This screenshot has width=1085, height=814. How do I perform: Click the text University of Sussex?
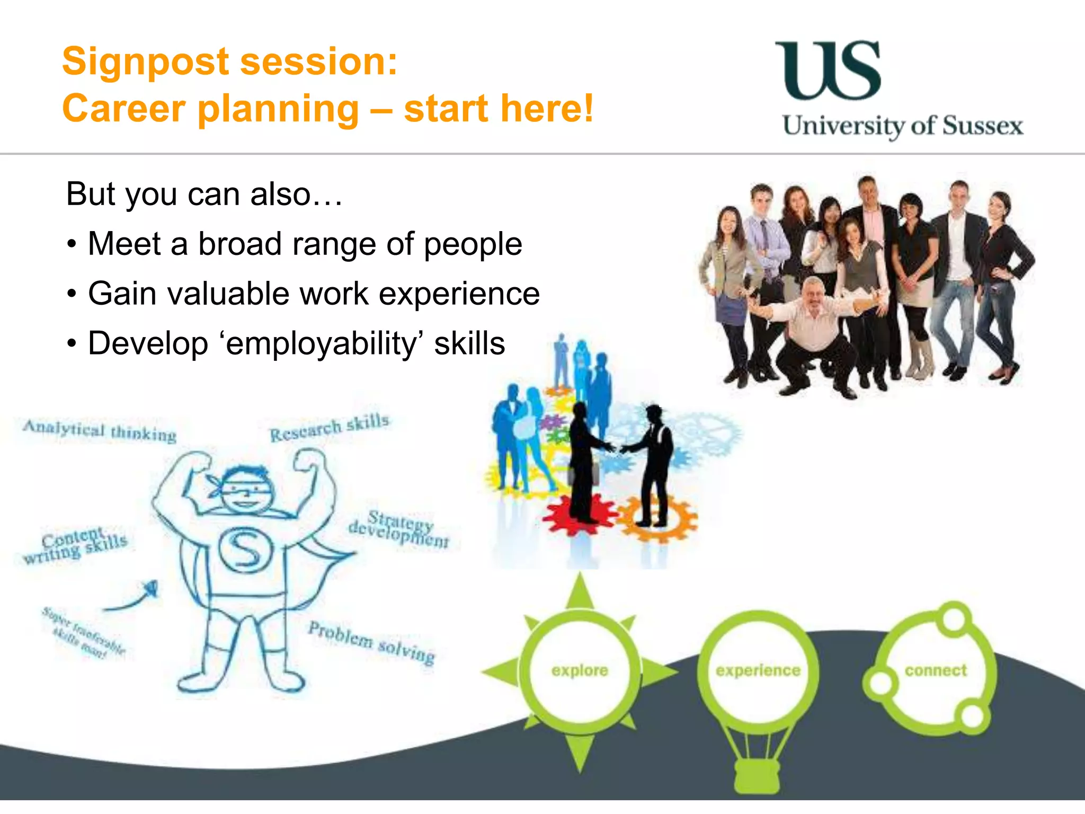(902, 126)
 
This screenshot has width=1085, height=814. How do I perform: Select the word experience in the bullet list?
(459, 294)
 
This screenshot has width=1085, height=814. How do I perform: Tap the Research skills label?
(330, 427)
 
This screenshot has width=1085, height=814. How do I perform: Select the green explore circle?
(580, 671)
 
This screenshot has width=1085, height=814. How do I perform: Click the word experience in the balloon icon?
(758, 671)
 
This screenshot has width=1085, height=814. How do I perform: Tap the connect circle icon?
(936, 671)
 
